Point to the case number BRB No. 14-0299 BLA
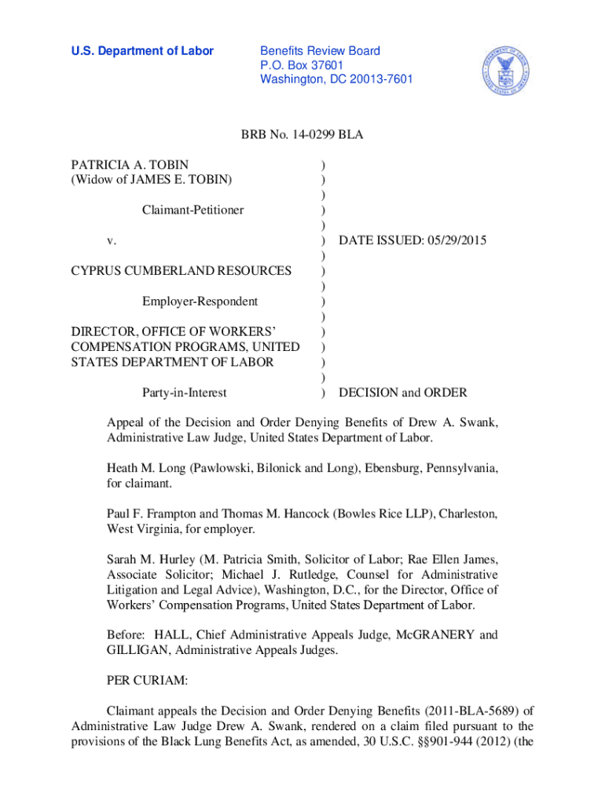(302, 136)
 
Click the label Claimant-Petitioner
(192, 210)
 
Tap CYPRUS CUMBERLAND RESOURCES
(181, 271)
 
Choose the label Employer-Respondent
(200, 301)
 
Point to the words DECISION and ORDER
(402, 392)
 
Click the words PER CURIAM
(147, 684)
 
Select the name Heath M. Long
(147, 468)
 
